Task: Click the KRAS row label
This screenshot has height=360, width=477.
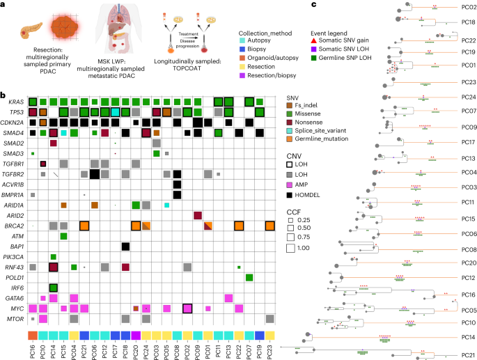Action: tap(15, 102)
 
